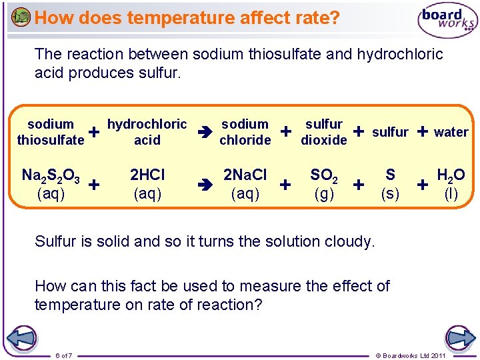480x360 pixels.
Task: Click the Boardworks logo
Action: [x=447, y=21]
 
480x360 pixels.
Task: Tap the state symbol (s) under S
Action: [x=390, y=193]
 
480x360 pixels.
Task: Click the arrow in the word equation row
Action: [x=204, y=132]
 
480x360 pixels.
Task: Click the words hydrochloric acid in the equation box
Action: [x=147, y=132]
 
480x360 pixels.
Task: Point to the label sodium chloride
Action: [x=245, y=132]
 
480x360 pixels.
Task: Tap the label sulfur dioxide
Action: [x=324, y=132]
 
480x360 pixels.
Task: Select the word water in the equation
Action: [x=451, y=132]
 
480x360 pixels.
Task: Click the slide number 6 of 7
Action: [x=64, y=355]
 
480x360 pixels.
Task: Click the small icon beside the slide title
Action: [x=21, y=17]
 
